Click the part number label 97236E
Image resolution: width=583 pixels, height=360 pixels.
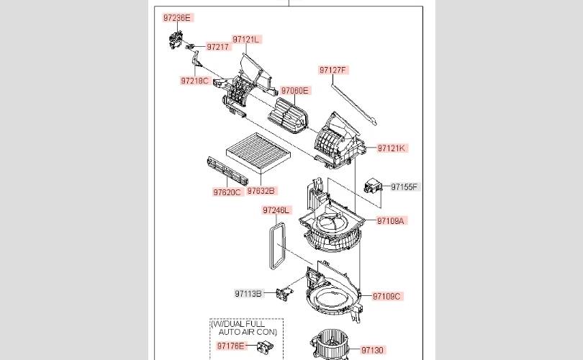[178, 17]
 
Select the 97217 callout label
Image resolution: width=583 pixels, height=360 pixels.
[218, 47]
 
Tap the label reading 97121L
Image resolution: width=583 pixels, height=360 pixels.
[246, 40]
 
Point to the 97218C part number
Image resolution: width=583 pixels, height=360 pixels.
[195, 81]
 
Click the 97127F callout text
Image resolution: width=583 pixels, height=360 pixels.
[333, 70]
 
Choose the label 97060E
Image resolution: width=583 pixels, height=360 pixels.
[295, 91]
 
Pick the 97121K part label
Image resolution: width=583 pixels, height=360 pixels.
[392, 148]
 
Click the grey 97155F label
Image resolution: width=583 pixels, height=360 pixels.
[405, 186]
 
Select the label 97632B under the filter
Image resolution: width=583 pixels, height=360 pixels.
[261, 191]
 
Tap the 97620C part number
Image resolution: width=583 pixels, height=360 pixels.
[227, 192]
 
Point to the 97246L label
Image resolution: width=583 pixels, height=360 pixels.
[276, 210]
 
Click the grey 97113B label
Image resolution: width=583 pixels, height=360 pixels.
[248, 294]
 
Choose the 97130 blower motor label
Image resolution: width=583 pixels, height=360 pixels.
[372, 350]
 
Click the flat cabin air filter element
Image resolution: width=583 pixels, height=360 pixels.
[258, 153]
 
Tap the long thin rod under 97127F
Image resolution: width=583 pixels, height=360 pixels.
[354, 104]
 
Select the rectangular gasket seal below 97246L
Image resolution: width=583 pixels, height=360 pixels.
[277, 246]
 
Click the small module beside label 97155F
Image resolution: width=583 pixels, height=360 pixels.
[373, 185]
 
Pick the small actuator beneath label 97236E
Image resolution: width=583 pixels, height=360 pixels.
[176, 40]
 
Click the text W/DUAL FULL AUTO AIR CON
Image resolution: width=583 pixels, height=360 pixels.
[245, 328]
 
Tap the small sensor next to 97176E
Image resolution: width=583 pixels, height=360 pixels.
[265, 346]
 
